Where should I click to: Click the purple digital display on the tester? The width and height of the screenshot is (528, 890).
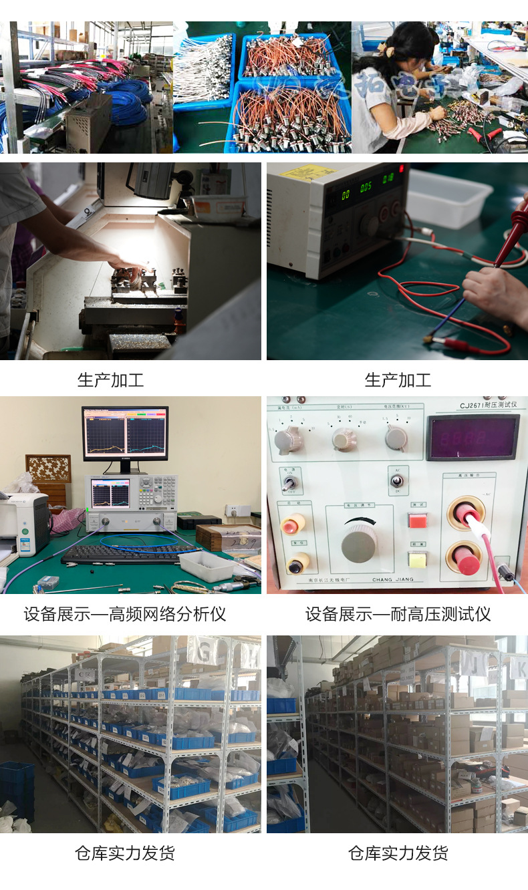[472, 438]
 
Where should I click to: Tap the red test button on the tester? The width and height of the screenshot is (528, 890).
[418, 520]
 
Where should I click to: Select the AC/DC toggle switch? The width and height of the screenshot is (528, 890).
[397, 480]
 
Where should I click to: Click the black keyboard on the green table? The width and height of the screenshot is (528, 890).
[127, 554]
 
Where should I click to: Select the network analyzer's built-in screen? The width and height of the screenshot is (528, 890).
[110, 493]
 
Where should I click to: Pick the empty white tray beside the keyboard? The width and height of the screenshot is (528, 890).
[207, 565]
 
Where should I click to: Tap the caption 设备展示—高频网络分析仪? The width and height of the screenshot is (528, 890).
[125, 614]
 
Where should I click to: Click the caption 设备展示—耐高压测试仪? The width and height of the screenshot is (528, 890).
[398, 614]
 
